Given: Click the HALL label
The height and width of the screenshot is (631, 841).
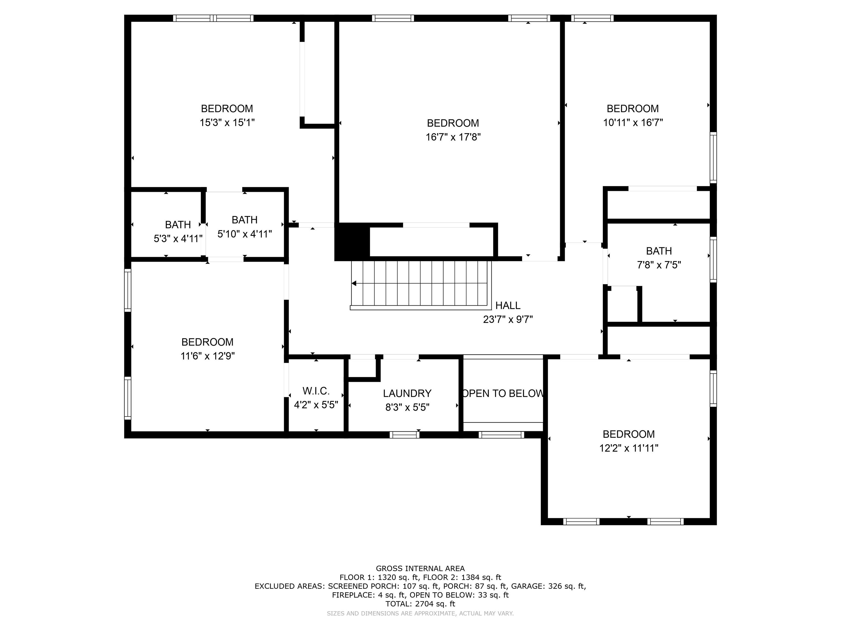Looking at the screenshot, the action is [508, 305].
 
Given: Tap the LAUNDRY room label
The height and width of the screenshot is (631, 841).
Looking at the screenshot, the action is [407, 393].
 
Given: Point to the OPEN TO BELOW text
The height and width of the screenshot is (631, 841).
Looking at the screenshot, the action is [503, 393].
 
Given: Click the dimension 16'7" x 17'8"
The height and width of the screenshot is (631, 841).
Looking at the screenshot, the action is [453, 137].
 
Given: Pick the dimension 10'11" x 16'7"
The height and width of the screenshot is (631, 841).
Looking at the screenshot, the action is [633, 122].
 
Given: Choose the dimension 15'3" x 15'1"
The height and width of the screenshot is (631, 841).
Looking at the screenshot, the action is [227, 122].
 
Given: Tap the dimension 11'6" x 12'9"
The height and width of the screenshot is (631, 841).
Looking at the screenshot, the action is [207, 356].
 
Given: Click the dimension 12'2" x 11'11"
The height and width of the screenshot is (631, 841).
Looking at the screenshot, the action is [629, 448].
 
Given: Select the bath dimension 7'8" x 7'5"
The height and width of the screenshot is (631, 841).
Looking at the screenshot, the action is [659, 265].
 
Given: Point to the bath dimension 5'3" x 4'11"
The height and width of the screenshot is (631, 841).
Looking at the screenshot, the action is [178, 239].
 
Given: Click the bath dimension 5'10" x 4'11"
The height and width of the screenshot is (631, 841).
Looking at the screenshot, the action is [244, 234].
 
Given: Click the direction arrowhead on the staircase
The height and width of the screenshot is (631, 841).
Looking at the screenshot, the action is [354, 283].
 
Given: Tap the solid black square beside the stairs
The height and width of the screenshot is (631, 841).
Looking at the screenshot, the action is [352, 242].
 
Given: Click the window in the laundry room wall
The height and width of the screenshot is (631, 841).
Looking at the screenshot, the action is [405, 435].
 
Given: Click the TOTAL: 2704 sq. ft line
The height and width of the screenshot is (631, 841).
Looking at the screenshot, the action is [420, 604].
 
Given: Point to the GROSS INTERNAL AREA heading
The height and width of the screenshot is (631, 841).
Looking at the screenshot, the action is [420, 569].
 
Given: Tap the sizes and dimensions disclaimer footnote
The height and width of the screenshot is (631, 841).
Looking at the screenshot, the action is [420, 613].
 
